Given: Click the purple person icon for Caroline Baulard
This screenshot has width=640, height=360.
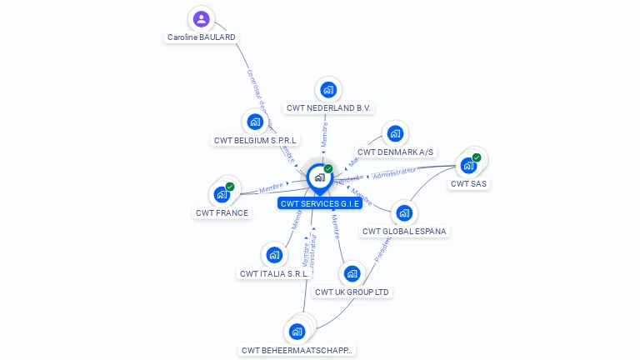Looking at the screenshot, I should click(x=201, y=18).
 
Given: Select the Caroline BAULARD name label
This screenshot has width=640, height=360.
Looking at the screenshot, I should click(x=202, y=37).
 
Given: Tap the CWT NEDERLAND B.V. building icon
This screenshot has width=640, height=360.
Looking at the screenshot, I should click(x=328, y=89).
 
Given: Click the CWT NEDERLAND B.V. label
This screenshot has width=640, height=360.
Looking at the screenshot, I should click(x=328, y=108).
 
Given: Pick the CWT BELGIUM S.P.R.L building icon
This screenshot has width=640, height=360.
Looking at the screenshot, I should click(x=255, y=122).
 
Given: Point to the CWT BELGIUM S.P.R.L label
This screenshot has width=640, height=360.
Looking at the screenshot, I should click(x=256, y=141).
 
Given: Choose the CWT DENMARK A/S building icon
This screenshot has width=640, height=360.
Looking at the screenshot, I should click(x=395, y=133).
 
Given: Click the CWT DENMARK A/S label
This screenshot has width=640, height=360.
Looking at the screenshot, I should click(x=395, y=152).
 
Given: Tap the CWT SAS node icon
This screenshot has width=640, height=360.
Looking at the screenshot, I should click(x=468, y=165).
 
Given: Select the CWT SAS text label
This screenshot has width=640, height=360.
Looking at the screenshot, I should click(x=468, y=184).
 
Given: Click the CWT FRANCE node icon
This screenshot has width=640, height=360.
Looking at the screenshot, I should click(x=222, y=194).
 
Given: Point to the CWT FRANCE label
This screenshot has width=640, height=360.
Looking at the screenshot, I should click(x=222, y=213).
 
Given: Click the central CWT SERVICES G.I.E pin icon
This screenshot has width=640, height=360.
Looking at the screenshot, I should click(x=319, y=177).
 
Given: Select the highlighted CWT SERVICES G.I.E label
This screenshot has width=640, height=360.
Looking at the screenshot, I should click(x=320, y=203).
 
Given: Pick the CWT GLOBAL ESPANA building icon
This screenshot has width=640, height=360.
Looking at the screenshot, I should click(x=404, y=212).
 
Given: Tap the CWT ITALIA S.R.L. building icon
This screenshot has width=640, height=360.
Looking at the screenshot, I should click(x=273, y=254).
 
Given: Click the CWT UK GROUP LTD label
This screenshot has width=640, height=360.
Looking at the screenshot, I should click(x=352, y=292).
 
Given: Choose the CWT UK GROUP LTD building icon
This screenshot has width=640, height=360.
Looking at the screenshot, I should click(x=352, y=273).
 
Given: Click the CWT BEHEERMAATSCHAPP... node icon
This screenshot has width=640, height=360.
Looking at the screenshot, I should click(x=297, y=331).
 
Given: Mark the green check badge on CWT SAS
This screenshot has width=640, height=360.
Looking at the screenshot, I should click(x=477, y=157).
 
